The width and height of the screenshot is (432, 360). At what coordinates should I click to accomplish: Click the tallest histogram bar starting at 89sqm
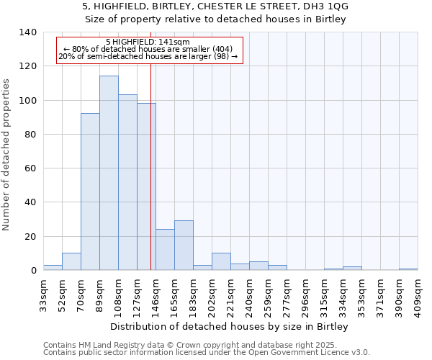109,173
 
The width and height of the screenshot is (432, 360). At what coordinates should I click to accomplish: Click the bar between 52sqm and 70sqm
71,262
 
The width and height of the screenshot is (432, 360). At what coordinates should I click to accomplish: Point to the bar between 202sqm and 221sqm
221,262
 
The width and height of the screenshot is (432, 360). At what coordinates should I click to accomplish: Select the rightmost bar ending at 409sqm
408,269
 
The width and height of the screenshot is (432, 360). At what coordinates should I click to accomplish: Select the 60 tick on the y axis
31,168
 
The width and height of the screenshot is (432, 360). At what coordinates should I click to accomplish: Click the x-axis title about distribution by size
230,327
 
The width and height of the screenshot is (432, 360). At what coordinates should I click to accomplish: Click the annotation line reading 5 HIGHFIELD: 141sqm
148,42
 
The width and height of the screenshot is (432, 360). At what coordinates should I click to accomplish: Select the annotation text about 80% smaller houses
148,49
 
